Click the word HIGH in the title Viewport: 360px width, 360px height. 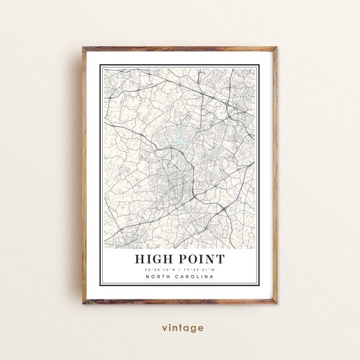[156, 258]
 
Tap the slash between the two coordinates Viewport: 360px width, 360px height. [179, 269]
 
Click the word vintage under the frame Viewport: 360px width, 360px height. [179, 328]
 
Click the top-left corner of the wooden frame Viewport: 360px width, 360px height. [83, 48]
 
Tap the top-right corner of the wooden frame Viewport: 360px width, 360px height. [276, 48]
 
